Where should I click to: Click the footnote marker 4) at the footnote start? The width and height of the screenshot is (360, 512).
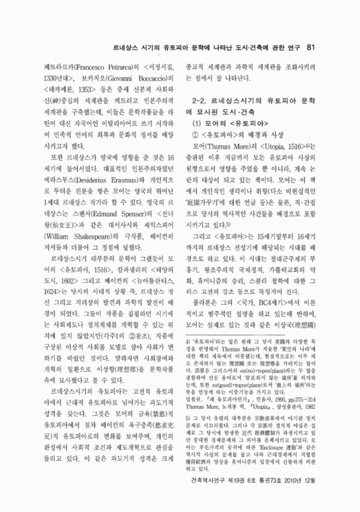187,352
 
